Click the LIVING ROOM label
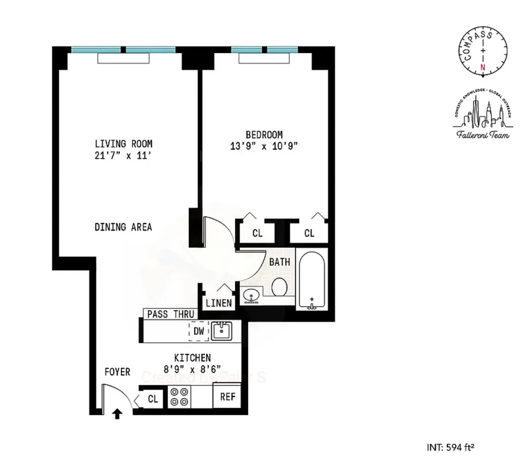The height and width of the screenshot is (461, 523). [124, 143]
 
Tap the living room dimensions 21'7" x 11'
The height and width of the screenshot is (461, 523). [124, 155]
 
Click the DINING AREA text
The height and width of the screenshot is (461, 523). [123, 227]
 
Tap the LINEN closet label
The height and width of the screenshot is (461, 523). [219, 303]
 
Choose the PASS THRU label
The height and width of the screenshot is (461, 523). [169, 314]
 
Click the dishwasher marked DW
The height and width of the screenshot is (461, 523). [199, 331]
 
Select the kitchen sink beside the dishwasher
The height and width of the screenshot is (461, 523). [222, 331]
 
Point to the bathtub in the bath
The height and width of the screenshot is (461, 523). [312, 280]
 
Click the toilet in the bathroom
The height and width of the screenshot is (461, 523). [281, 286]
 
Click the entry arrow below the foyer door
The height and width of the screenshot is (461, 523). [118, 413]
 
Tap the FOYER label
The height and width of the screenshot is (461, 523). [117, 372]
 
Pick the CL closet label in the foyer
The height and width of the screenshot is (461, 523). [153, 399]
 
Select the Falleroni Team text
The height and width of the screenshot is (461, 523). [483, 134]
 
